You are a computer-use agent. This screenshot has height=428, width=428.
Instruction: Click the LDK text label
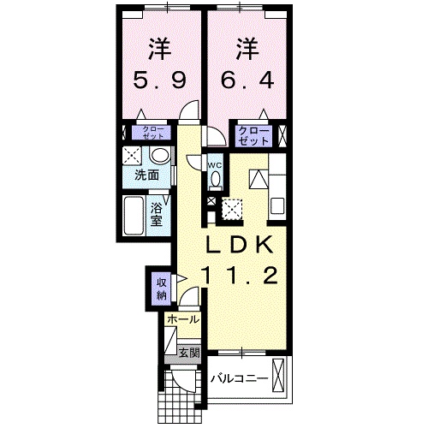click(241, 245)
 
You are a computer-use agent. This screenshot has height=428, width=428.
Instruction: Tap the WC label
click(215, 165)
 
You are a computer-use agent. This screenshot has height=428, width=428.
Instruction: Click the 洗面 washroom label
click(146, 176)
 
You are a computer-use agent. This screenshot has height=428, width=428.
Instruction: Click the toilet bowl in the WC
click(216, 179)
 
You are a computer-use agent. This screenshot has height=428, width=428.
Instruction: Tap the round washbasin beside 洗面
click(159, 156)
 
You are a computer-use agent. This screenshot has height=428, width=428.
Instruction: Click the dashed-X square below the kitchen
click(232, 208)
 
